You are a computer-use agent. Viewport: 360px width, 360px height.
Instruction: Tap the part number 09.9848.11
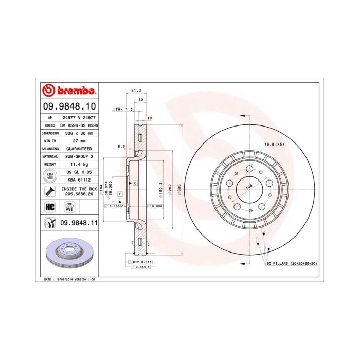[x=79, y=222]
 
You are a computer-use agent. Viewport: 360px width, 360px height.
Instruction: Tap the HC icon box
[x=50, y=207]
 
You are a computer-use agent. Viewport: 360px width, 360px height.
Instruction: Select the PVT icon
[x=68, y=207]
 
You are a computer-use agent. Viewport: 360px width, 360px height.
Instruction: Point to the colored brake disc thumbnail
[x=69, y=255]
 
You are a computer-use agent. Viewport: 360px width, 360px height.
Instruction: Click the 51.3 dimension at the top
[x=136, y=91]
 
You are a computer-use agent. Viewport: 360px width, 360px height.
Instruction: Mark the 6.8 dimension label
[x=121, y=146]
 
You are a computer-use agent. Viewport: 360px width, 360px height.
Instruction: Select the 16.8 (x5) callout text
[x=274, y=145]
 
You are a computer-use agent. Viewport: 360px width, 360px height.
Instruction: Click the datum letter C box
[x=135, y=183]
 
